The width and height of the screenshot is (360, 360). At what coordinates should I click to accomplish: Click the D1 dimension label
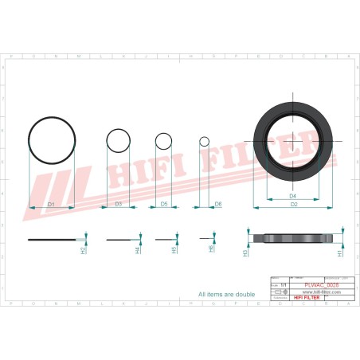(51, 205)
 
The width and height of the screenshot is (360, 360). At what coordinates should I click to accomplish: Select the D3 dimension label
(119, 205)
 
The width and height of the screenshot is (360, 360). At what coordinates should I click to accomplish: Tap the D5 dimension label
(163, 205)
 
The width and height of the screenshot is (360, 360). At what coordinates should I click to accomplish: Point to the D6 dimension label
(218, 205)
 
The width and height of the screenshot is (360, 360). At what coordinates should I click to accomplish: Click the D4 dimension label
(292, 196)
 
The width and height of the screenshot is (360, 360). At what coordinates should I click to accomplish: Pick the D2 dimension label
(293, 205)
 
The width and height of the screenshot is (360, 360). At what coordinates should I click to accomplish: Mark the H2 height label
(84, 249)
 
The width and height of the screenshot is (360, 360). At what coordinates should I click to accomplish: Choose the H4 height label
(138, 249)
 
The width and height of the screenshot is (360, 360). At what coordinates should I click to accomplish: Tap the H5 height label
(174, 249)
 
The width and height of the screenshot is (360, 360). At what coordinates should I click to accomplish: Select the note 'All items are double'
(226, 294)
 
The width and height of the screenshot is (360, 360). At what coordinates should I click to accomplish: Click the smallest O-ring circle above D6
(204, 142)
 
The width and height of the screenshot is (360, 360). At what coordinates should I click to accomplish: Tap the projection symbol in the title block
(279, 292)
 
